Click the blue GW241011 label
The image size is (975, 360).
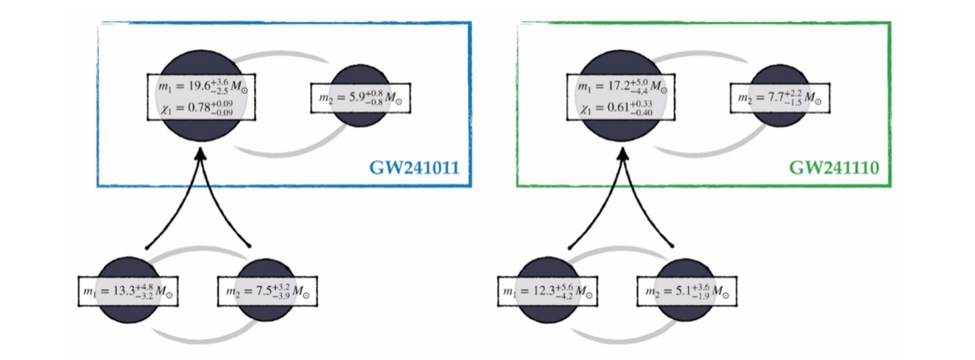413,169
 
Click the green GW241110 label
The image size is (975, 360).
833,169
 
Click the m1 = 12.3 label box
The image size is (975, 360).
550,291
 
